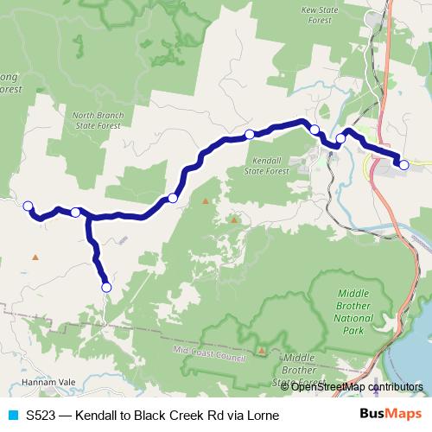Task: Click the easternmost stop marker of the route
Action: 403,164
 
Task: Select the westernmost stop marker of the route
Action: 28,206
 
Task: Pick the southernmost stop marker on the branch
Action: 106,287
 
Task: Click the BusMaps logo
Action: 391,415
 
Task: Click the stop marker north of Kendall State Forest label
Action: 250,134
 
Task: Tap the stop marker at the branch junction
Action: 75,212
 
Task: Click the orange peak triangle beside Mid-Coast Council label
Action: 262,350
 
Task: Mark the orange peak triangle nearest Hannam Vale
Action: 35,257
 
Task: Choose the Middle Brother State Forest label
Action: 299,369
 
